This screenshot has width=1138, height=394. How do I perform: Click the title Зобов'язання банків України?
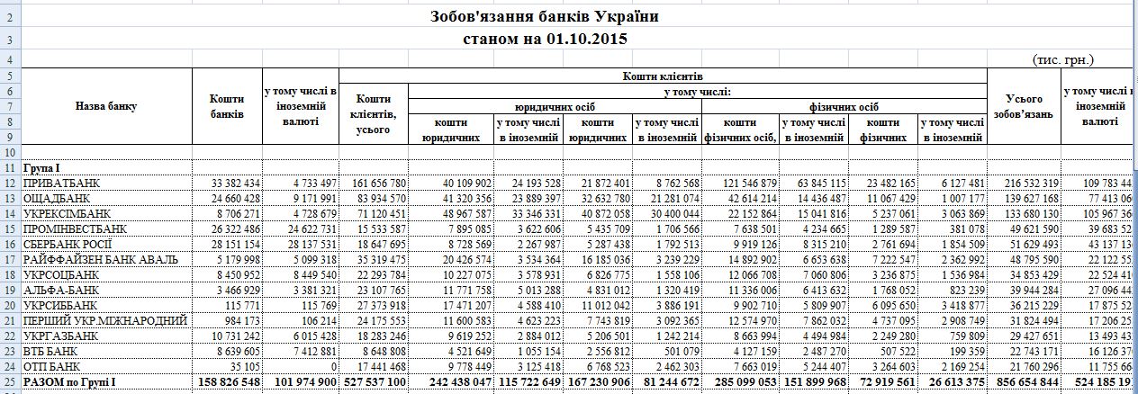[545, 17]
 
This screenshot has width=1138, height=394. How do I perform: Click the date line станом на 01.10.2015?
[545, 39]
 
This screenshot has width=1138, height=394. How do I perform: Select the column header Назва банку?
[106, 106]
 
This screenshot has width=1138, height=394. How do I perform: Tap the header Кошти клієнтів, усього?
[373, 115]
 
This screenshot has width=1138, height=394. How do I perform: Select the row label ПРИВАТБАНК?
[59, 184]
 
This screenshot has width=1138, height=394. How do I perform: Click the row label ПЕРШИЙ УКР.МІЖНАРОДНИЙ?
[103, 321]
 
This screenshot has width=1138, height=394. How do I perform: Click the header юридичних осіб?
[554, 106]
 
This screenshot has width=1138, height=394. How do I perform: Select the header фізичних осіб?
[844, 106]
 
